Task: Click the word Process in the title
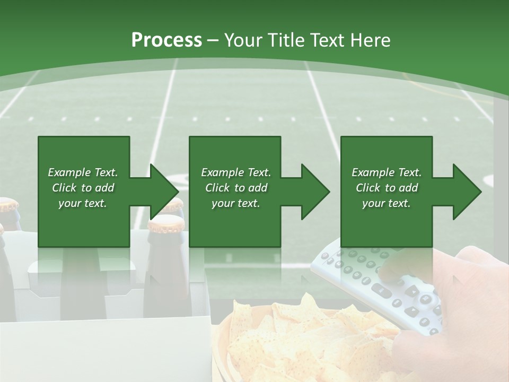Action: pyautogui.click(x=166, y=40)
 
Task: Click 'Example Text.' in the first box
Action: pyautogui.click(x=83, y=172)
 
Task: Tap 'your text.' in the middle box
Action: pyautogui.click(x=235, y=204)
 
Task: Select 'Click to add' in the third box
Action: pyautogui.click(x=387, y=188)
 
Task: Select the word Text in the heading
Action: pyautogui.click(x=327, y=40)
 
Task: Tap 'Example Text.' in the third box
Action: pyautogui.click(x=387, y=172)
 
